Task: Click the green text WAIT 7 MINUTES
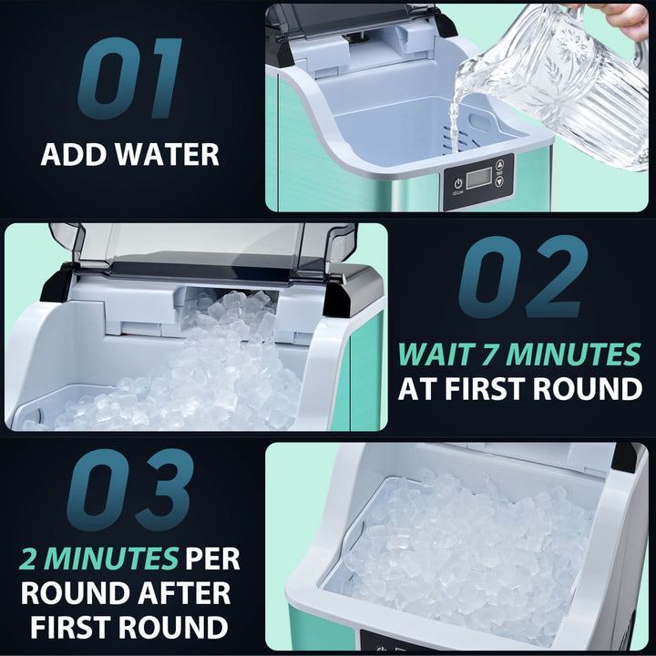coord(519,354)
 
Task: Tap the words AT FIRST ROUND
coord(519,390)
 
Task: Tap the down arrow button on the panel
coord(499,181)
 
